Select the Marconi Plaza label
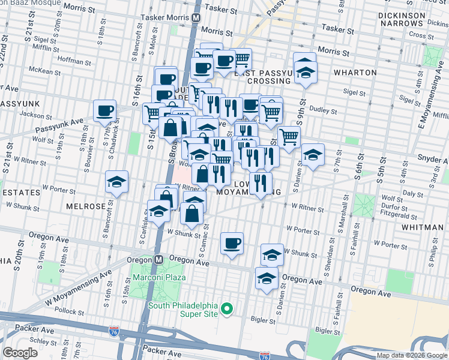(160, 277)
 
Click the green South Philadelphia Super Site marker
(226, 309)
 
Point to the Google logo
(20, 353)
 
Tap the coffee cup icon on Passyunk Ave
(105, 111)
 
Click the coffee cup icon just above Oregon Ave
(232, 244)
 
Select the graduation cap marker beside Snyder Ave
(313, 155)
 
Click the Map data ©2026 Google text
(411, 355)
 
